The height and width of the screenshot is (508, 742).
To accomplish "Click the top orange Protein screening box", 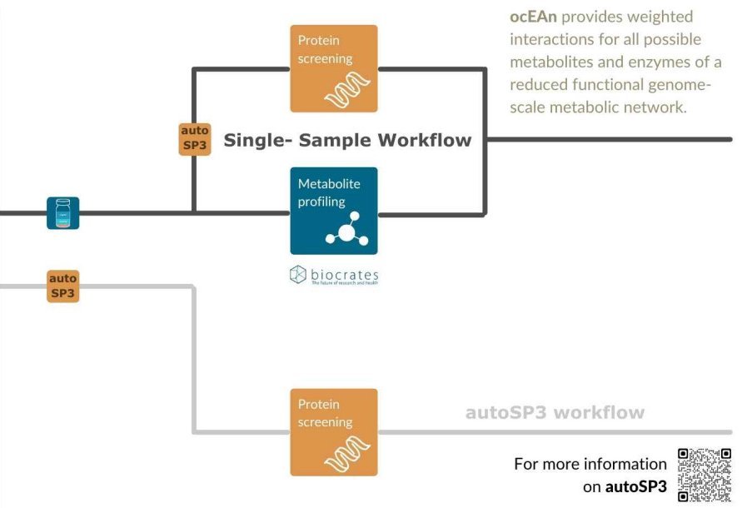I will (x=333, y=68).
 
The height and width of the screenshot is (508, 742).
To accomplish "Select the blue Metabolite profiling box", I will (x=333, y=211).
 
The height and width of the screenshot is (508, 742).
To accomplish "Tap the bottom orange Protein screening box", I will (x=333, y=432).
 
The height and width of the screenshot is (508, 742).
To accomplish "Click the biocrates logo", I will (x=333, y=275).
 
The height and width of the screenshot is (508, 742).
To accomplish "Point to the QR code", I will (x=704, y=475).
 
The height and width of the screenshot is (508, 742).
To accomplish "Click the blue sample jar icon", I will (x=62, y=213).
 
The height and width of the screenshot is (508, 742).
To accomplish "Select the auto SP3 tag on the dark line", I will (x=195, y=138).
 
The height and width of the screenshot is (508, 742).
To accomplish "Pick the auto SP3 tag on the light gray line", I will (x=63, y=286).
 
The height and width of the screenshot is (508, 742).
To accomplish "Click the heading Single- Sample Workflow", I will (x=346, y=140).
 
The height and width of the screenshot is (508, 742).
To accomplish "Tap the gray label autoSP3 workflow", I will (x=554, y=412).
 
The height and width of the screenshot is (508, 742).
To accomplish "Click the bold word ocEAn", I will (x=533, y=17).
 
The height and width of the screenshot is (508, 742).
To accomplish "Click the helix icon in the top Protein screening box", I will (x=347, y=89).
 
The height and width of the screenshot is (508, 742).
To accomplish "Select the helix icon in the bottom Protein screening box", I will (x=347, y=455).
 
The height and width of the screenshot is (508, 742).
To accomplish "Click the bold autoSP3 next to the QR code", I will (x=635, y=486).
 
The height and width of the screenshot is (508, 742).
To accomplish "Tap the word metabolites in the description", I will (x=553, y=62).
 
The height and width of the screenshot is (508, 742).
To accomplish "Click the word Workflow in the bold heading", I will (x=424, y=140).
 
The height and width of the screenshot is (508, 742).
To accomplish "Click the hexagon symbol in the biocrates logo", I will (x=298, y=274).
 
